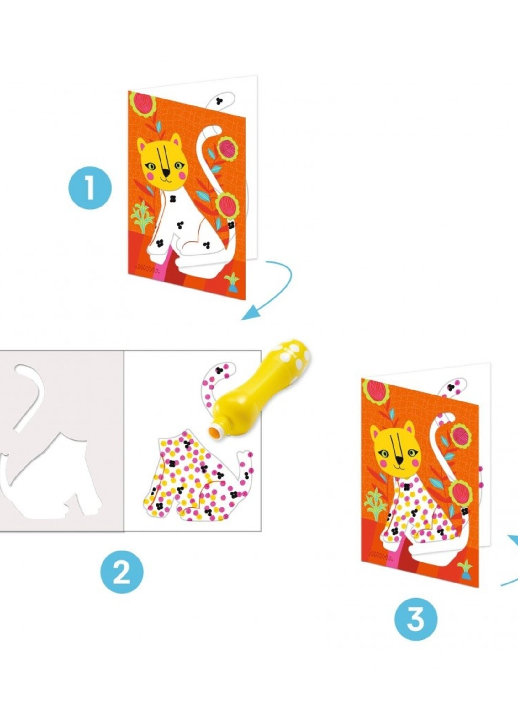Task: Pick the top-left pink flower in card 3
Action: tap(376, 391)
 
